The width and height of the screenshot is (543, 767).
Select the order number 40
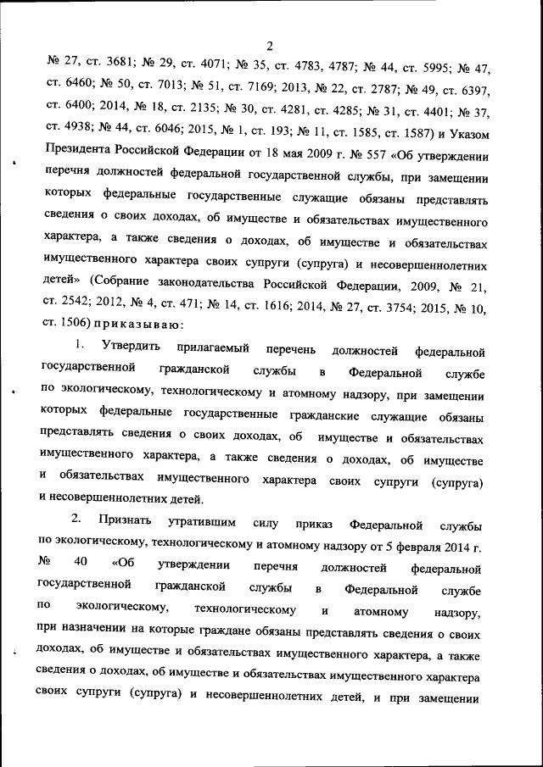click(x=81, y=564)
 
